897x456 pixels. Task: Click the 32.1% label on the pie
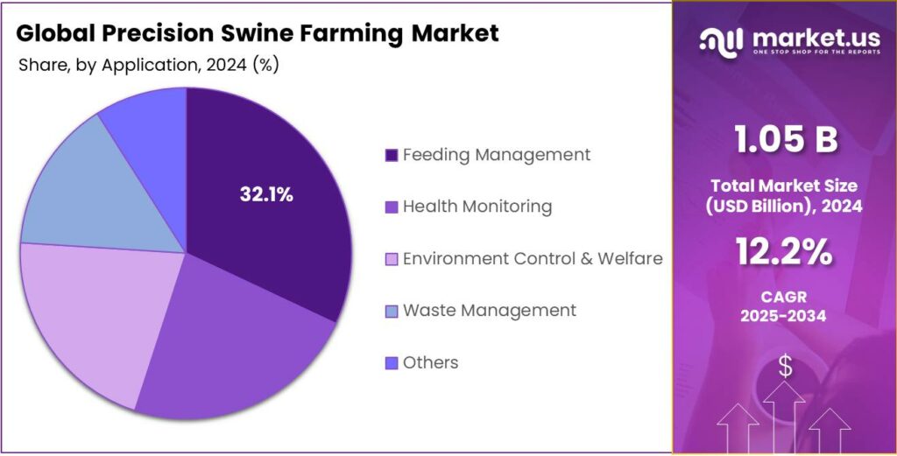click(x=266, y=195)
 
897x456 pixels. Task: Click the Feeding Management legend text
click(x=496, y=155)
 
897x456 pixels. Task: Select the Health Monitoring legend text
click(x=477, y=207)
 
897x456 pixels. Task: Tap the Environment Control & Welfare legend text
click(x=532, y=258)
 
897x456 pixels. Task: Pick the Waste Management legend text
click(x=489, y=310)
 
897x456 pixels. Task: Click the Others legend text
click(x=430, y=362)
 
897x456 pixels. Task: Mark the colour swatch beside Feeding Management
click(x=392, y=156)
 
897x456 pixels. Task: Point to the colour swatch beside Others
click(x=392, y=363)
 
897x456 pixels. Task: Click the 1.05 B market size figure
click(x=785, y=140)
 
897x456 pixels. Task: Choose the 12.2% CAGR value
click(x=785, y=253)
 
